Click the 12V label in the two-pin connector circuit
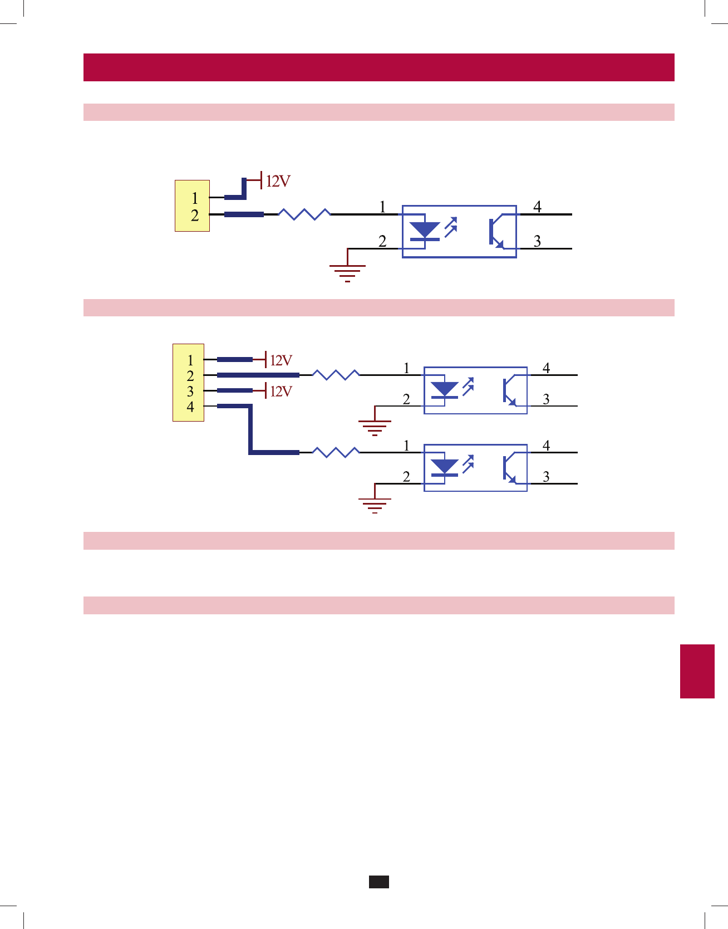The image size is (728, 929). click(278, 182)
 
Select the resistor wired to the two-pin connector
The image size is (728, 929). click(304, 214)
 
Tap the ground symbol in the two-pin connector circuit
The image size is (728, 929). click(347, 272)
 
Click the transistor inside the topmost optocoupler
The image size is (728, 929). click(496, 232)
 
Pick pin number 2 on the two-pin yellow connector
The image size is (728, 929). click(194, 216)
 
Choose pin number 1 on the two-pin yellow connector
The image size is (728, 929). click(194, 198)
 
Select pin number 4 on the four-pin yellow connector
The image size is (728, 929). click(190, 407)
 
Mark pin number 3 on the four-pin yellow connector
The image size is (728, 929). click(190, 391)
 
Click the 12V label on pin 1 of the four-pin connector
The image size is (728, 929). click(281, 360)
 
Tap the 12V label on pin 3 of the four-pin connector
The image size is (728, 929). click(281, 392)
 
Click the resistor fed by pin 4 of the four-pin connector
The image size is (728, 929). click(336, 452)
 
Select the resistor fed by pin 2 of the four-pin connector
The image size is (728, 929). click(336, 375)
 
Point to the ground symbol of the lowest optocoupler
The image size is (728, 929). click(375, 505)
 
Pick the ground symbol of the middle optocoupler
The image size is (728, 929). click(375, 427)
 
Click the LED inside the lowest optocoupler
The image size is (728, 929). click(445, 467)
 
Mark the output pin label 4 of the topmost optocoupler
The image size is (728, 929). click(537, 207)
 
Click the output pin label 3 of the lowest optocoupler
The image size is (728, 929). click(546, 477)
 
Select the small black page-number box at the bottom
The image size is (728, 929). click(379, 882)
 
